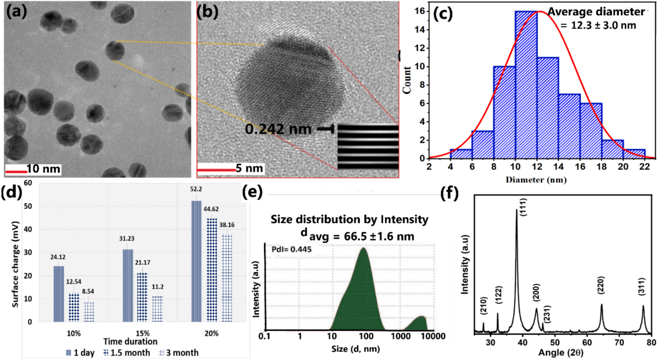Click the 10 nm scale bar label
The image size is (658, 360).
(x=43, y=169)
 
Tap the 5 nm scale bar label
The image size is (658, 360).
(x=249, y=168)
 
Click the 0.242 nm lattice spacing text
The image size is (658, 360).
(x=278, y=129)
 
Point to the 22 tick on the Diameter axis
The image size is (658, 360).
(x=645, y=167)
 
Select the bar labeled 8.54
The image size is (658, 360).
(x=89, y=312)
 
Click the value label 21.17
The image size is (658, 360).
(x=143, y=262)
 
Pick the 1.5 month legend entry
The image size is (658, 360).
(x=126, y=352)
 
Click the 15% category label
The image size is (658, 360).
(x=143, y=333)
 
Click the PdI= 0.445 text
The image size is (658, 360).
(x=291, y=249)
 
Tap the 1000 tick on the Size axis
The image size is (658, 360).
(x=400, y=336)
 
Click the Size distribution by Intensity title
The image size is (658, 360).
(x=349, y=219)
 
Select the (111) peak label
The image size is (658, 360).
(x=523, y=207)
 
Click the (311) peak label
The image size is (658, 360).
(x=641, y=286)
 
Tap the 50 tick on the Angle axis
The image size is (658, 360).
(x=555, y=342)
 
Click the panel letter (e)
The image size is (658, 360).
(x=252, y=192)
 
